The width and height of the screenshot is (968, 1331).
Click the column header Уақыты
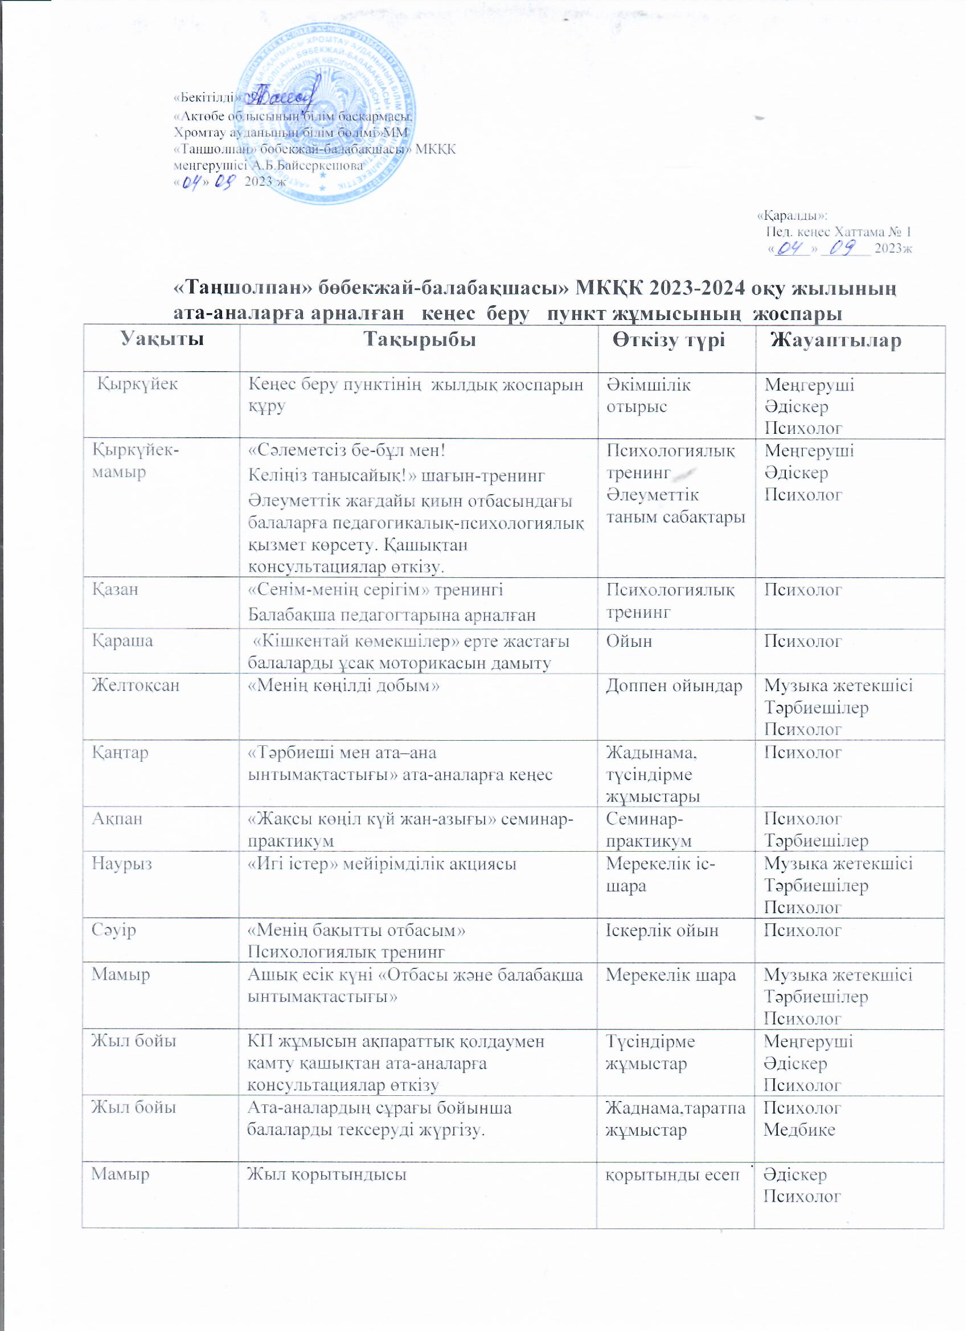163,341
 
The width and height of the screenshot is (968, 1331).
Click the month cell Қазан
114,589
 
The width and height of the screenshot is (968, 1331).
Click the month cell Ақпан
116,819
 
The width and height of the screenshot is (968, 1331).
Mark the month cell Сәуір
113,930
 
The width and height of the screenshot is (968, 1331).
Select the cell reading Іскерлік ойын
662,930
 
